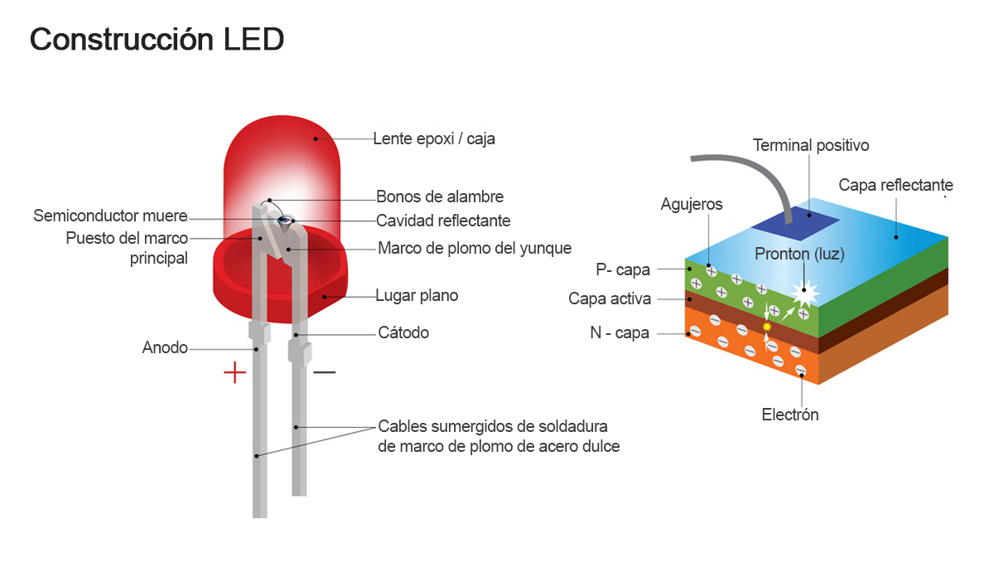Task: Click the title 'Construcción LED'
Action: pyautogui.click(x=157, y=40)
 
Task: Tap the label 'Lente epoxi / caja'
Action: pyautogui.click(x=434, y=138)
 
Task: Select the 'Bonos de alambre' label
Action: pyautogui.click(x=440, y=197)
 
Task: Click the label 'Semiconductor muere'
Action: pyautogui.click(x=110, y=216)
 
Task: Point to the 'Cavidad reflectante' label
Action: pyautogui.click(x=443, y=221)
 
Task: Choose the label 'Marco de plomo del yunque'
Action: pyautogui.click(x=475, y=248)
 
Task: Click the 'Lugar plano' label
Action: pyautogui.click(x=417, y=295)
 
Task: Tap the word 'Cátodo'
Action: pyautogui.click(x=403, y=332)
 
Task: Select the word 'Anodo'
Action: pyautogui.click(x=165, y=347)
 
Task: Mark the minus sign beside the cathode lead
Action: pyautogui.click(x=324, y=372)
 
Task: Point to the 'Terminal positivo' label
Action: pyautogui.click(x=811, y=145)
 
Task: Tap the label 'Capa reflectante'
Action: pyautogui.click(x=895, y=185)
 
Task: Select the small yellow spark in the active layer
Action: pyautogui.click(x=766, y=327)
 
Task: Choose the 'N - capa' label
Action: pyautogui.click(x=620, y=333)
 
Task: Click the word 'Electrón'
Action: pyautogui.click(x=790, y=415)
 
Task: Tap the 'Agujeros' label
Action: pyautogui.click(x=692, y=204)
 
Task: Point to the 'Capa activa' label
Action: pyautogui.click(x=610, y=298)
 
